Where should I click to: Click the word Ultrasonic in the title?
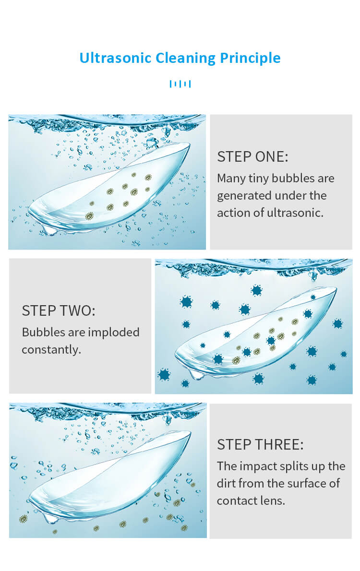click(115, 58)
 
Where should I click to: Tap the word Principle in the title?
click(251, 58)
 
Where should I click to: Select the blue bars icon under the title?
click(180, 84)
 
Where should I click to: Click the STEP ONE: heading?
click(252, 156)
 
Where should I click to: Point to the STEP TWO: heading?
click(58, 310)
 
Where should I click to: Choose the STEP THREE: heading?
click(260, 445)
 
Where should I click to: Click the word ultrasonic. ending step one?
click(295, 213)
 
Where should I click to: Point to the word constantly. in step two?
click(51, 350)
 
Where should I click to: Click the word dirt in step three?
click(226, 483)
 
